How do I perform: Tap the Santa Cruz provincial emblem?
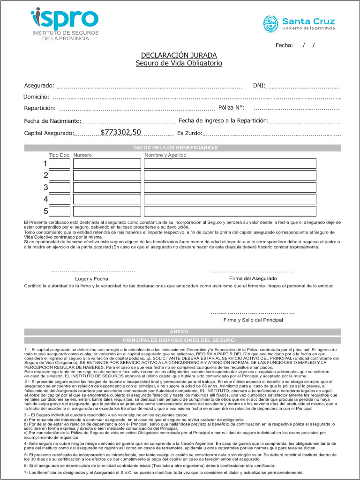[x=270, y=23]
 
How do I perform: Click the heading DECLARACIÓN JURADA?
[x=179, y=55]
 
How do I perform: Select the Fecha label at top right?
[x=284, y=45]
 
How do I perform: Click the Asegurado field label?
[x=39, y=86]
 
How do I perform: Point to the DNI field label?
[x=259, y=86]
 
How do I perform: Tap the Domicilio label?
[x=36, y=97]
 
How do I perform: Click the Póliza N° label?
[x=231, y=108]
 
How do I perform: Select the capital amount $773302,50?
[x=120, y=132]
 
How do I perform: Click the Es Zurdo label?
[x=189, y=133]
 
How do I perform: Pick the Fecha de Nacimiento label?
[x=52, y=121]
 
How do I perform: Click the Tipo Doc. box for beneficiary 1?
[x=60, y=164]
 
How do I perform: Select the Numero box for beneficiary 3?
[x=107, y=187]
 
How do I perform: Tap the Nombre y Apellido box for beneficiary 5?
[x=230, y=211]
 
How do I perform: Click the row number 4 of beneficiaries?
[x=45, y=199]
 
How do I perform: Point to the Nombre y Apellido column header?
[x=165, y=155]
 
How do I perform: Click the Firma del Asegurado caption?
[x=253, y=278]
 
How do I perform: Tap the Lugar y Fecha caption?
[x=91, y=279]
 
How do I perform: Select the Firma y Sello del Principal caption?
[x=253, y=320]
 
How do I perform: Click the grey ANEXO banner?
[x=180, y=331]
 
